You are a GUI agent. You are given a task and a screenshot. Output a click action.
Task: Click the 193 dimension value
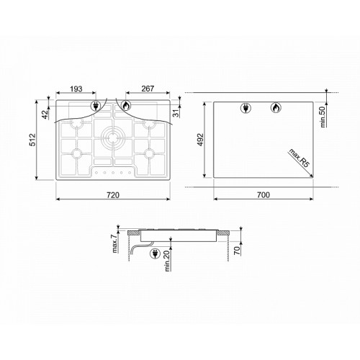pyautogui.click(x=76, y=89)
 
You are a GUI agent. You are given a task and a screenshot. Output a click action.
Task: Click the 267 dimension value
pyautogui.click(x=148, y=89)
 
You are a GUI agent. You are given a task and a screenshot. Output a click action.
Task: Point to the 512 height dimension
pyautogui.click(x=32, y=140)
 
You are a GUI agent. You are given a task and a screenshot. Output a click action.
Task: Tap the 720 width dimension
pyautogui.click(x=113, y=195)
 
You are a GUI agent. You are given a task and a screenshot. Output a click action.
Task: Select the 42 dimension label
pyautogui.click(x=45, y=114)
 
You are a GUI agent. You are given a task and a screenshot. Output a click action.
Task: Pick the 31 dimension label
pyautogui.click(x=176, y=113)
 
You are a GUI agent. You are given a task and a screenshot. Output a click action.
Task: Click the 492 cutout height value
pyautogui.click(x=200, y=140)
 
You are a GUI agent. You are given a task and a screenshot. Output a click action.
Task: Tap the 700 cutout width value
pyautogui.click(x=264, y=195)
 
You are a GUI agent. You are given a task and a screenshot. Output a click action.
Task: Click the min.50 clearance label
pyautogui.click(x=323, y=117)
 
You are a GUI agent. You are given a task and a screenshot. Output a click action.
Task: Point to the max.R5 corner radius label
pyautogui.click(x=299, y=158)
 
